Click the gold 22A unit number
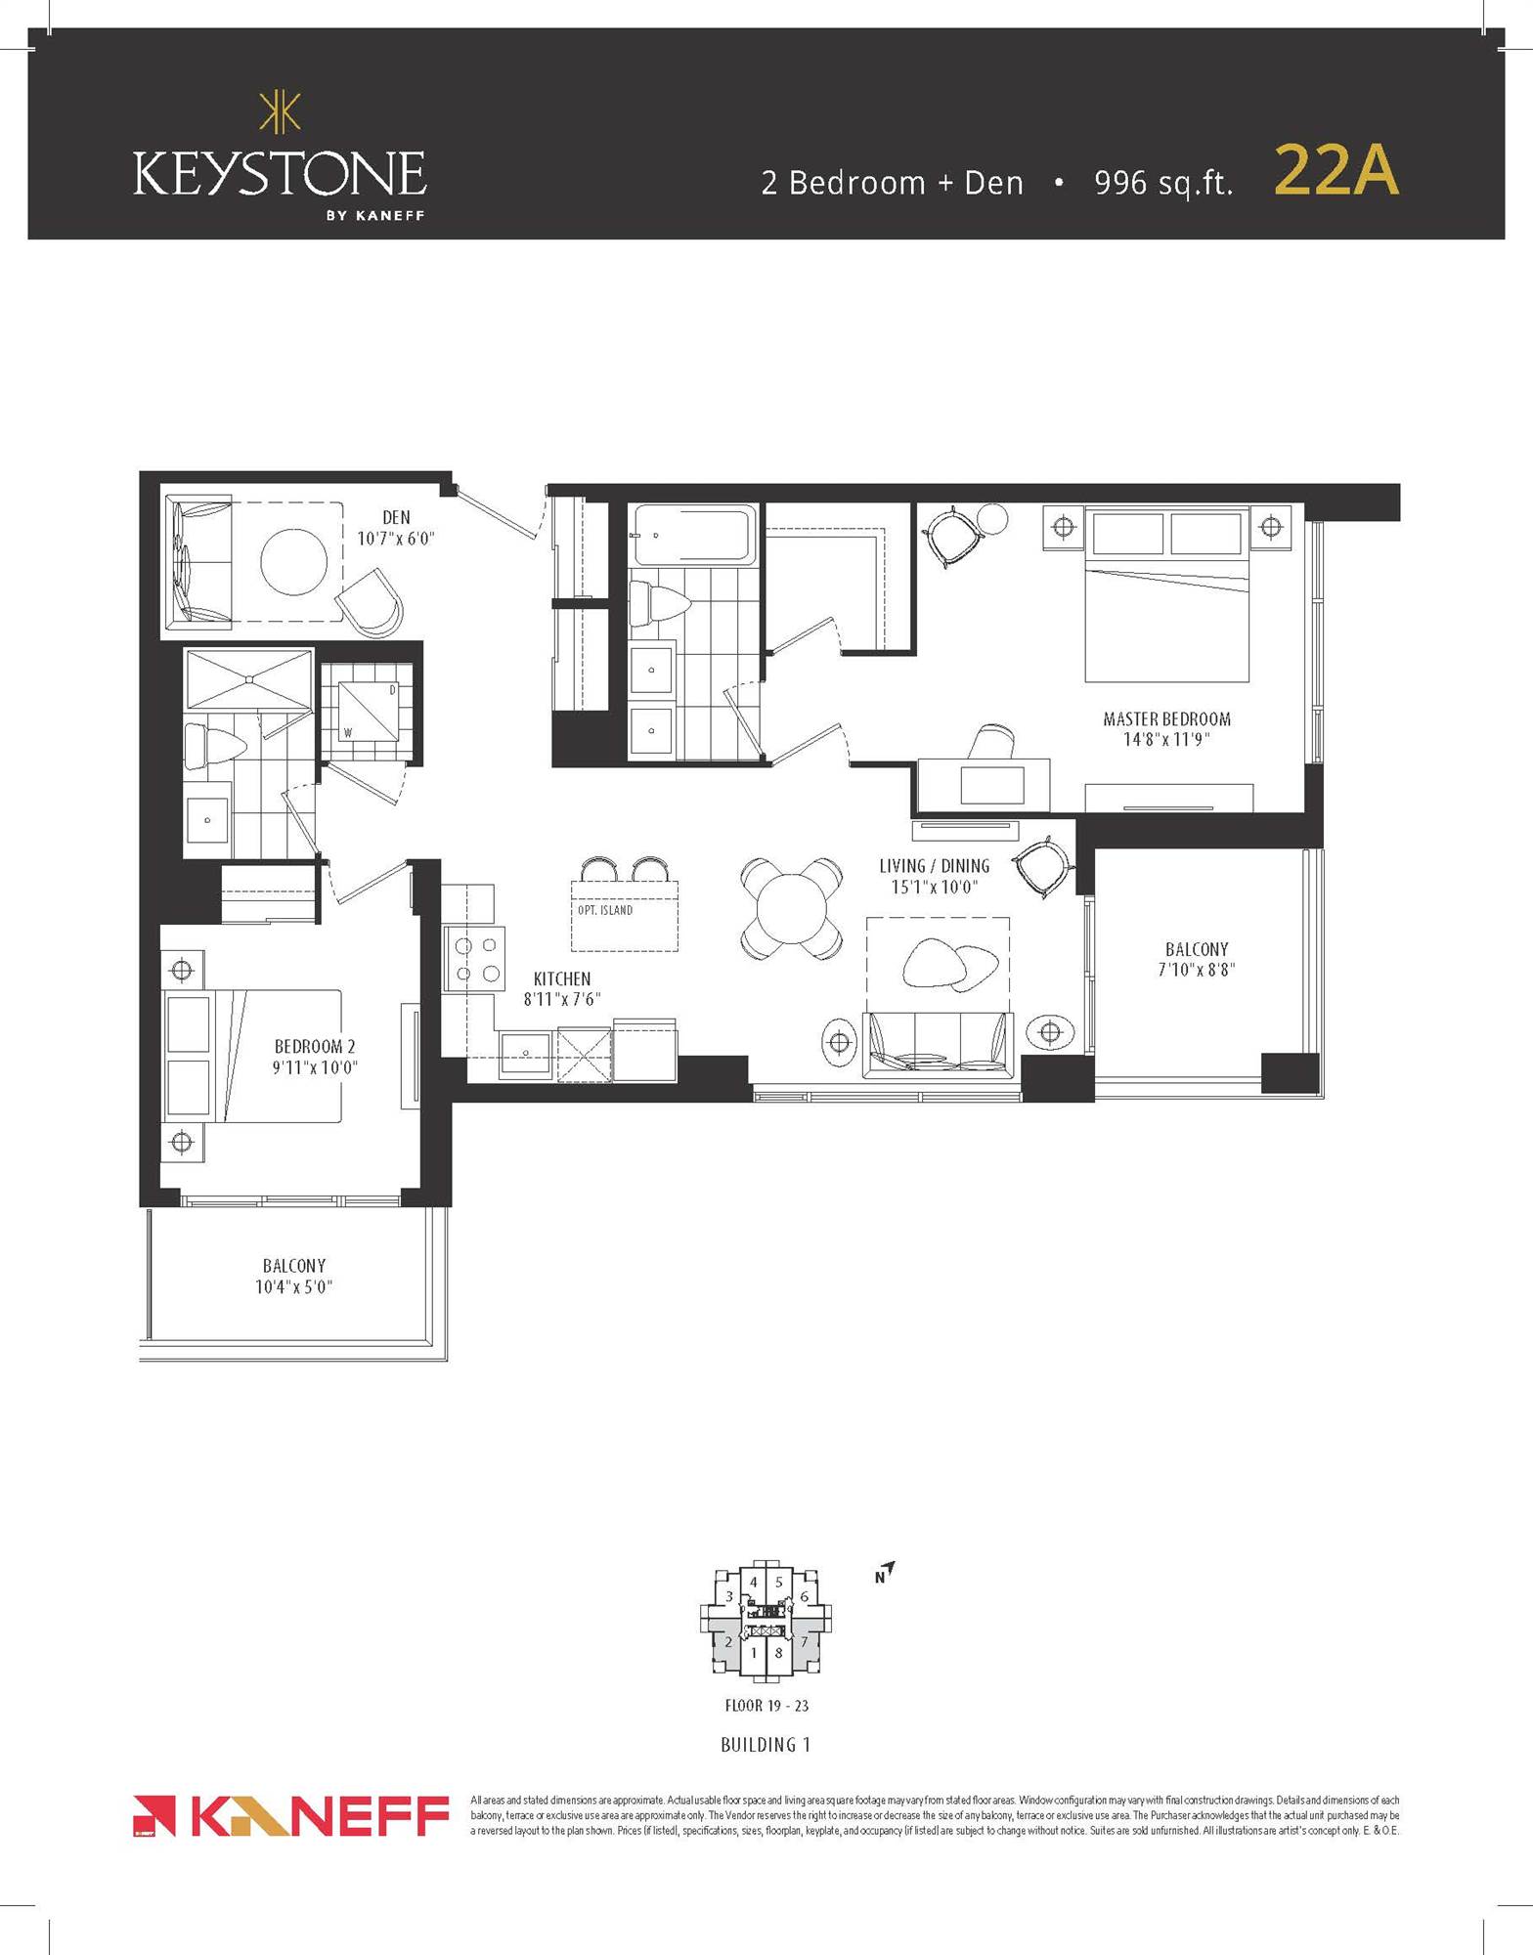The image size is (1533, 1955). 1336,172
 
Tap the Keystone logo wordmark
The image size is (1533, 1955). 279,174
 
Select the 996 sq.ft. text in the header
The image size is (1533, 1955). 1162,183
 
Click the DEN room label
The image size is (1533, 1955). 396,517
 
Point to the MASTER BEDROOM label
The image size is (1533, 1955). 1166,718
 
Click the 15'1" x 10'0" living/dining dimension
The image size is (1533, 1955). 934,887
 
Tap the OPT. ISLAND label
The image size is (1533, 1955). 604,910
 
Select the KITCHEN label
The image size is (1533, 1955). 562,978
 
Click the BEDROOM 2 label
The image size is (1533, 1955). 315,1046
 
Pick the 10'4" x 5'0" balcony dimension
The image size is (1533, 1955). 293,1286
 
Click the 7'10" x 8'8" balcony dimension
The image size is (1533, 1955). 1196,970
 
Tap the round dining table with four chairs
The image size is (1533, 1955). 792,908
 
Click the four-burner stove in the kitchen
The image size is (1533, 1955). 475,959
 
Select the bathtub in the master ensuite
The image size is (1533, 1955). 693,535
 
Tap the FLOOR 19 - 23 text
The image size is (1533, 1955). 766,1706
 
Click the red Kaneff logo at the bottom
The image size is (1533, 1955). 289,1816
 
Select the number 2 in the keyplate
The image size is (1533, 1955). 727,1642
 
